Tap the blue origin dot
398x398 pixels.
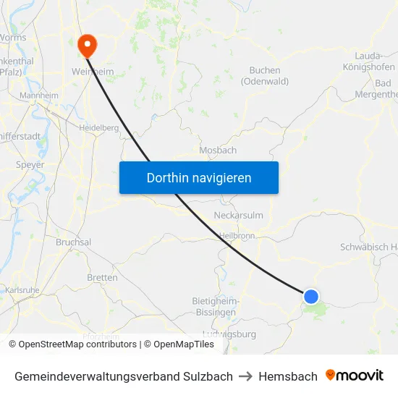[311, 296]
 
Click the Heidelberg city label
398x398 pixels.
[98, 127]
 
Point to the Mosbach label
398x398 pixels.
[217, 151]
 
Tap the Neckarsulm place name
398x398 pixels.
[239, 216]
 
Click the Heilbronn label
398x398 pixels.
[238, 236]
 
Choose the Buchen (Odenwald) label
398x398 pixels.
[268, 76]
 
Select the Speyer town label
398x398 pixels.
[30, 165]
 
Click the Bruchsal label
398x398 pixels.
[73, 242]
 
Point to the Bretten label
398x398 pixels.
[102, 278]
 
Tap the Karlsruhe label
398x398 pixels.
[22, 290]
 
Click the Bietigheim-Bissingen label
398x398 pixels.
[214, 306]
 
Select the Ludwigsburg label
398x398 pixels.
[230, 334]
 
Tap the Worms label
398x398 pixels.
[13, 38]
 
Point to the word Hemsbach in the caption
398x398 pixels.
[288, 376]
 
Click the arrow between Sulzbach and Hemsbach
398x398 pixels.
[246, 376]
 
